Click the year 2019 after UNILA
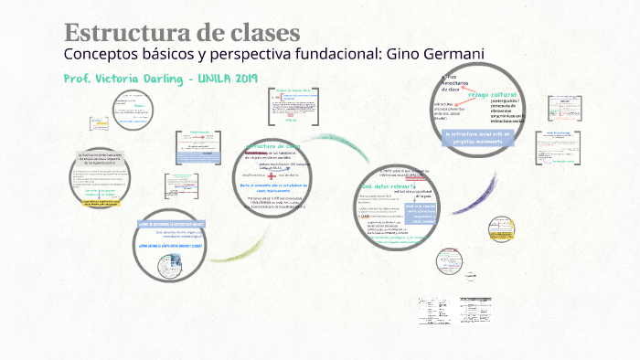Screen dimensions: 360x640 pyautogui.click(x=243, y=79)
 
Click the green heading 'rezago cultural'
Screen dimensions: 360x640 pyautogui.click(x=493, y=94)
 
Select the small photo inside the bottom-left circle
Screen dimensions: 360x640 pyautogui.click(x=171, y=264)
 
